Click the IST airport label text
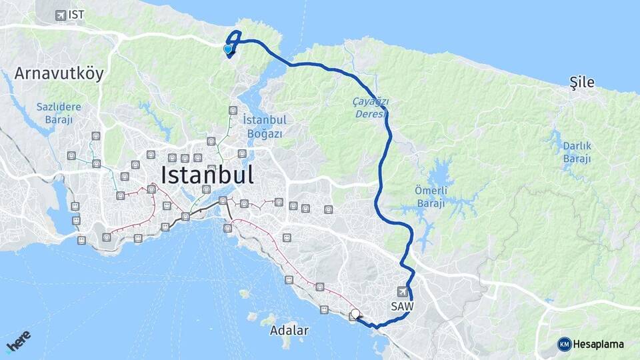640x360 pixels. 76,14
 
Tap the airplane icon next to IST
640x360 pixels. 61,15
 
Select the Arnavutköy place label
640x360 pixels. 59,73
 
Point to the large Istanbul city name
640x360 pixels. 207,175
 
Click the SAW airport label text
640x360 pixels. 402,307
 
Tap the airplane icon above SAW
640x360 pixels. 402,291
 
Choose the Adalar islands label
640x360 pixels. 289,330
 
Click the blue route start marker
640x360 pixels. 228,48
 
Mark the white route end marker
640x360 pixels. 355,313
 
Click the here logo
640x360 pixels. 19,341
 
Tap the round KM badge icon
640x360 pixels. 564,344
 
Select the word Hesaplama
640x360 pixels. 599,344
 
